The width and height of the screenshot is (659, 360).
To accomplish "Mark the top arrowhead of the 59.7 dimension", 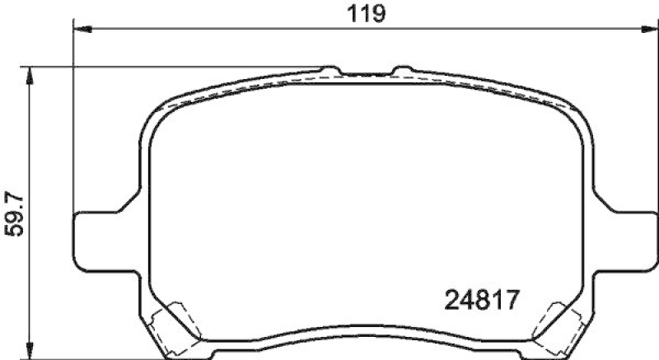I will click(30, 74).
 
